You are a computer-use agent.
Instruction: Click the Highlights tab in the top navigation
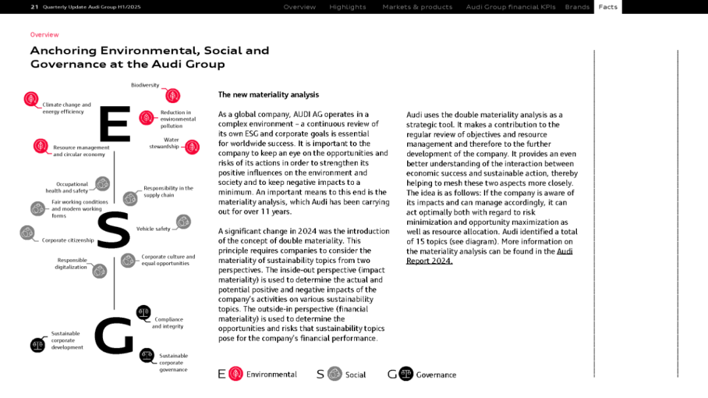tap(347, 7)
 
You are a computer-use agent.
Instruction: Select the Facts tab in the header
tap(608, 7)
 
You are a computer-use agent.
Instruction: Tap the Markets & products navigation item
tap(418, 7)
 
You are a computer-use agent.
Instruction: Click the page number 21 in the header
tap(34, 7)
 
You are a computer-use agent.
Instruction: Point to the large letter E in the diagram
tap(114, 125)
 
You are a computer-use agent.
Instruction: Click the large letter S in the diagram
tap(113, 229)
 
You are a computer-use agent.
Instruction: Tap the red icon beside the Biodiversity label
tap(172, 96)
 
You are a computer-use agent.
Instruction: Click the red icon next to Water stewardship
tap(191, 147)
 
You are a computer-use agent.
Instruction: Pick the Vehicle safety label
tap(153, 229)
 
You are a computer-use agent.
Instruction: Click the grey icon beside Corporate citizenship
tap(27, 232)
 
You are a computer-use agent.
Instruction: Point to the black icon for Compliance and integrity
tap(143, 312)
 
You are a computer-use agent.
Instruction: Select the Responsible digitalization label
tap(71, 264)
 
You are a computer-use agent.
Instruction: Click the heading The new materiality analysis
tap(268, 95)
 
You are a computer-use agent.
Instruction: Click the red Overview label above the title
tap(44, 35)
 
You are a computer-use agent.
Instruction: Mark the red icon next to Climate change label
tap(31, 99)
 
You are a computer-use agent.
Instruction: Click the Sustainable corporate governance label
tap(173, 363)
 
